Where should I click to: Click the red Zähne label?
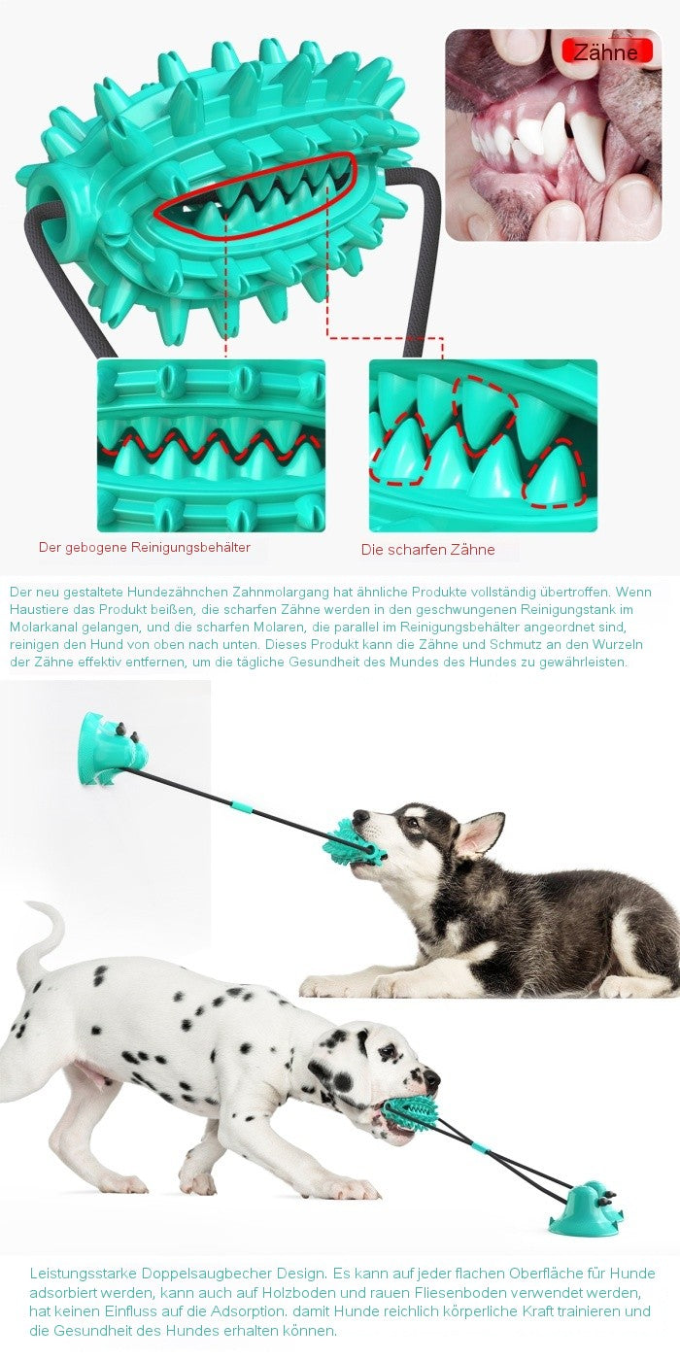point(606,51)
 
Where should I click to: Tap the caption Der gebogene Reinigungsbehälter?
point(145,547)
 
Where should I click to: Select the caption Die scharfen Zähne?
point(428,550)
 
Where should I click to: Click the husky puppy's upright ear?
point(482,833)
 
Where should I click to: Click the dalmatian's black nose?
point(431,1077)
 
